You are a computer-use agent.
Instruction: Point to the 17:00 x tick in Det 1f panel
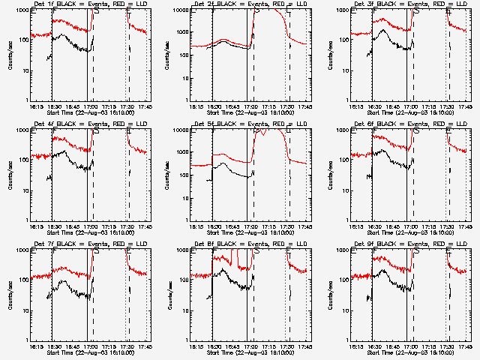(91, 106)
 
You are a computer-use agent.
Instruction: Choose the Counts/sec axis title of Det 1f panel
(9, 55)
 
